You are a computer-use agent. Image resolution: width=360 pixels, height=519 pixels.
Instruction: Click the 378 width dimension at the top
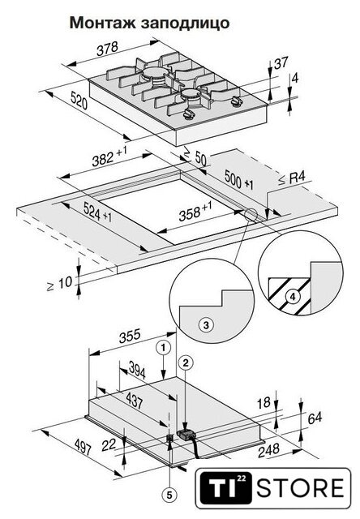107,49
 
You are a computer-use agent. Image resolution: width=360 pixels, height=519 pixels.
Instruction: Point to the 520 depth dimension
79,101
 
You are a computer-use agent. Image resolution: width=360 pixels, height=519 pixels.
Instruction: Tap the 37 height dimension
281,62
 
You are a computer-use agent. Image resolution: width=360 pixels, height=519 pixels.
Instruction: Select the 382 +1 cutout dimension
109,157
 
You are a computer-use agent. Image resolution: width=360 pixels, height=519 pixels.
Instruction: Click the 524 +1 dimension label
97,212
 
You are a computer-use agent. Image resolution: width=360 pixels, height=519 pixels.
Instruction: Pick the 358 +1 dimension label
195,212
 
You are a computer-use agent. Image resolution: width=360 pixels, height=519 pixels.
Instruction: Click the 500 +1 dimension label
239,179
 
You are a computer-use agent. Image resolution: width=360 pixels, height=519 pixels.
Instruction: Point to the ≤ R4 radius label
292,178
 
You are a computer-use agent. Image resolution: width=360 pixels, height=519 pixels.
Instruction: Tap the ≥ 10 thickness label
59,284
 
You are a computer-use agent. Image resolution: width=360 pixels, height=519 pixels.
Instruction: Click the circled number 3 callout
206,324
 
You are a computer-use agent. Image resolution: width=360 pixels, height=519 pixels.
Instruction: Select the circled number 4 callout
293,296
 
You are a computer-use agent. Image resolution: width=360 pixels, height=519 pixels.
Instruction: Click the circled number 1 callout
163,348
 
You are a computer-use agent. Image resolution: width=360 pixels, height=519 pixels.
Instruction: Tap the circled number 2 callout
186,362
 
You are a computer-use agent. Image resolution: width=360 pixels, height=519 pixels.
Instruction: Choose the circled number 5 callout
169,495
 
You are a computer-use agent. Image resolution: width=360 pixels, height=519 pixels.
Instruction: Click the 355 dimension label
130,337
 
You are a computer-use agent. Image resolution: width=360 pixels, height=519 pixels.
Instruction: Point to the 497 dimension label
83,447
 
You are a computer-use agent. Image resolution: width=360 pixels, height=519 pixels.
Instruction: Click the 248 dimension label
268,451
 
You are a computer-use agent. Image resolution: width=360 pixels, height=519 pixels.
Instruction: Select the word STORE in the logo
301,488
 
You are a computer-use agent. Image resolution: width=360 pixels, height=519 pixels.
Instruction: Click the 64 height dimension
315,418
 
